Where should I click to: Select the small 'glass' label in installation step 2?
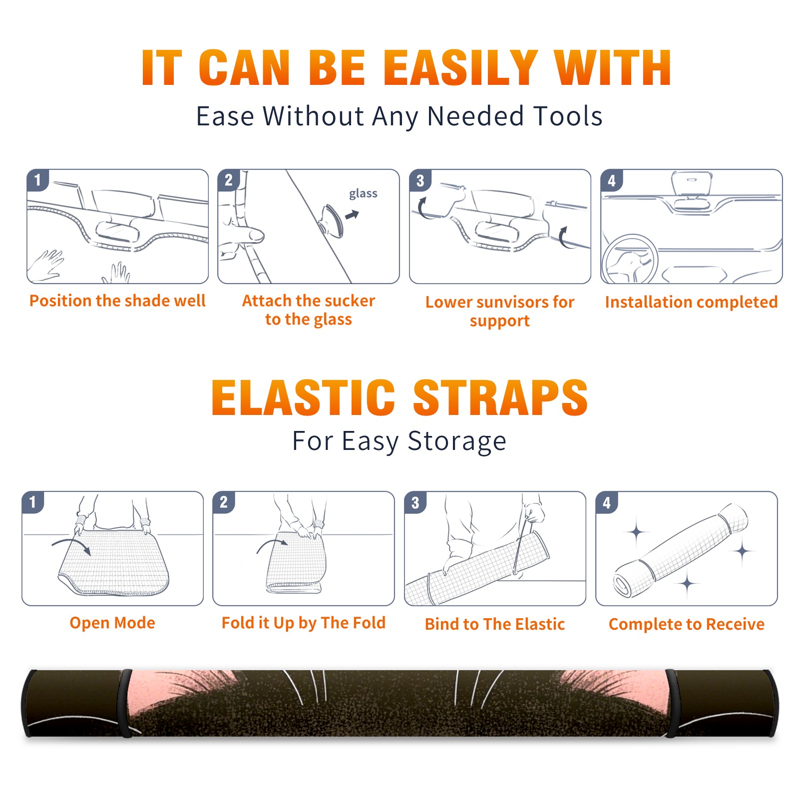(363, 194)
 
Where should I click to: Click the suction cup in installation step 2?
(332, 220)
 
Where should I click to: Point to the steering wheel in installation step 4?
(629, 259)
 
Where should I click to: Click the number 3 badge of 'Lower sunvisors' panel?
(420, 180)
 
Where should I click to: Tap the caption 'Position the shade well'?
(117, 301)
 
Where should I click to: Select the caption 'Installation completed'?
(691, 302)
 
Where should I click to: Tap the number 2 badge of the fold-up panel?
(224, 502)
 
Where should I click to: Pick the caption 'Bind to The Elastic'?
(494, 624)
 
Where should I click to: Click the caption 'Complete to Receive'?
(686, 624)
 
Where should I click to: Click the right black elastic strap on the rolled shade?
(672, 703)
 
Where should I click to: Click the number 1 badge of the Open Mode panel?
(32, 502)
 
